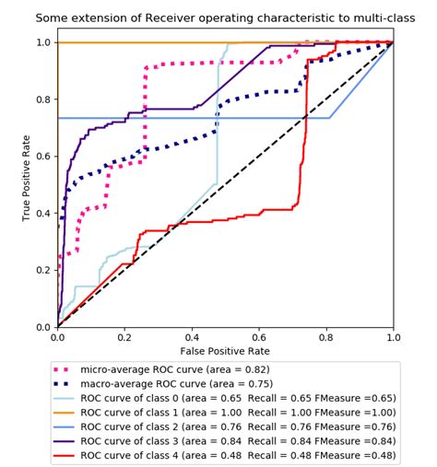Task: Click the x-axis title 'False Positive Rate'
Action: (x=225, y=351)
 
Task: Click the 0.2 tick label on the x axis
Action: (x=124, y=338)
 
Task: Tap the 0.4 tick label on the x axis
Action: (x=192, y=338)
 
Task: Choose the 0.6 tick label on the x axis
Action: (x=259, y=338)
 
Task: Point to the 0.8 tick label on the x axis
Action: (x=326, y=338)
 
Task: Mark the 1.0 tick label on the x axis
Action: (x=393, y=338)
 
